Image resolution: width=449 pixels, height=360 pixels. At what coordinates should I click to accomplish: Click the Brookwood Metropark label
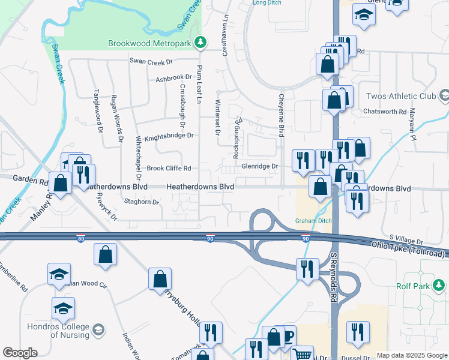click(152, 43)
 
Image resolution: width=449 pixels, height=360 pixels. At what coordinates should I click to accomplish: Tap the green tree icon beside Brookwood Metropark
click(203, 43)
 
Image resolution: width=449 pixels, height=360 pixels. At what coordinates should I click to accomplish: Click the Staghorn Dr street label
click(141, 202)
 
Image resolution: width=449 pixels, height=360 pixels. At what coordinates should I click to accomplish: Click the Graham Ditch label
click(313, 220)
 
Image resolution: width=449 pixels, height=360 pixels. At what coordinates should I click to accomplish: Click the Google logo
click(20, 353)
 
